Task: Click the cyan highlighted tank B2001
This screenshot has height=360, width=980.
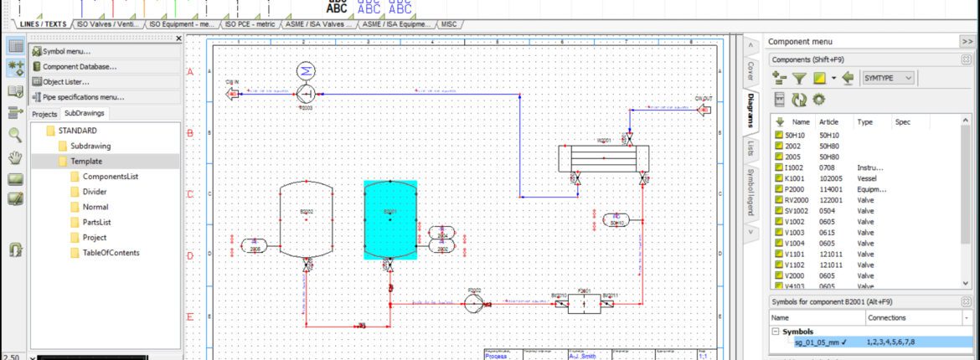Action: tap(389, 220)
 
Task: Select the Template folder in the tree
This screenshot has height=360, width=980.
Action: tap(86, 162)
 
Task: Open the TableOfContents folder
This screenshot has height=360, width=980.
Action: tap(111, 253)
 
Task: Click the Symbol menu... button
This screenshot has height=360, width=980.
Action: tap(66, 51)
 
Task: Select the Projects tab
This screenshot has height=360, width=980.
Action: tap(44, 114)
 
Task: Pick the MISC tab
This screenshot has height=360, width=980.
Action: tap(449, 25)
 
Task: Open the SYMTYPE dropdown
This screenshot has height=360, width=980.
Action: tap(890, 78)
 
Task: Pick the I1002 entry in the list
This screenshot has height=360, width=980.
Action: tap(795, 167)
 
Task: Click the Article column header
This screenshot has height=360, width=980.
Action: tap(828, 121)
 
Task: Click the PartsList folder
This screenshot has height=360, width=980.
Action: tap(96, 223)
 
